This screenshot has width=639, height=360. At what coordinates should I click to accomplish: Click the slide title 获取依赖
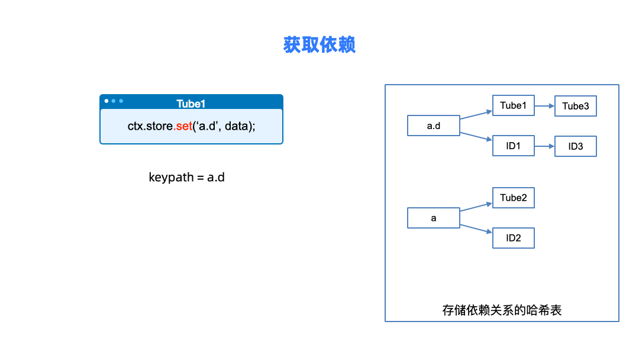click(319, 45)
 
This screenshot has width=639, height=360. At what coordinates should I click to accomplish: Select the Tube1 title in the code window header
click(191, 104)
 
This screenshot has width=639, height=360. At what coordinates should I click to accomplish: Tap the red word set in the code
click(183, 126)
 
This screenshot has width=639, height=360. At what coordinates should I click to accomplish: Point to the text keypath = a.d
click(186, 177)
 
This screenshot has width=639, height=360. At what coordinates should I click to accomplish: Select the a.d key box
click(433, 126)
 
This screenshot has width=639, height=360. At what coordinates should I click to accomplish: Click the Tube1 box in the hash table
click(513, 106)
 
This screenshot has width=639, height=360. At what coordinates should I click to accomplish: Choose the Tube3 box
click(575, 107)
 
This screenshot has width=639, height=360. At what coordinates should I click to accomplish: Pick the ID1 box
click(513, 146)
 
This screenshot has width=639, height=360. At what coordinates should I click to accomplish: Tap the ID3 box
click(575, 146)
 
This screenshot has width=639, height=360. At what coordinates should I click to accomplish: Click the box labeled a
click(433, 218)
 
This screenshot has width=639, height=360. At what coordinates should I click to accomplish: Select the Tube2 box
click(513, 198)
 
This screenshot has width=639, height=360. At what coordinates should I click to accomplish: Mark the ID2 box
click(513, 238)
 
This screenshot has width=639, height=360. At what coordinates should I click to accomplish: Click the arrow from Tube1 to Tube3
click(544, 107)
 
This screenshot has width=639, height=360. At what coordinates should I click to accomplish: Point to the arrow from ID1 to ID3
click(544, 146)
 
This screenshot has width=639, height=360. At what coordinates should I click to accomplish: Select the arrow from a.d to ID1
click(476, 136)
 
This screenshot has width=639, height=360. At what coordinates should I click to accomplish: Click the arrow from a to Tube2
click(476, 207)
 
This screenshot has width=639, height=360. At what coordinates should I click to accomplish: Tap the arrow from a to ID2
click(476, 229)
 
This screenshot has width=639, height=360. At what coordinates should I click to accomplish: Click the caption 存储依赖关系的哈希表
click(502, 310)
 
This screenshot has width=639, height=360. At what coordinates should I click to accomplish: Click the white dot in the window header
click(106, 101)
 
